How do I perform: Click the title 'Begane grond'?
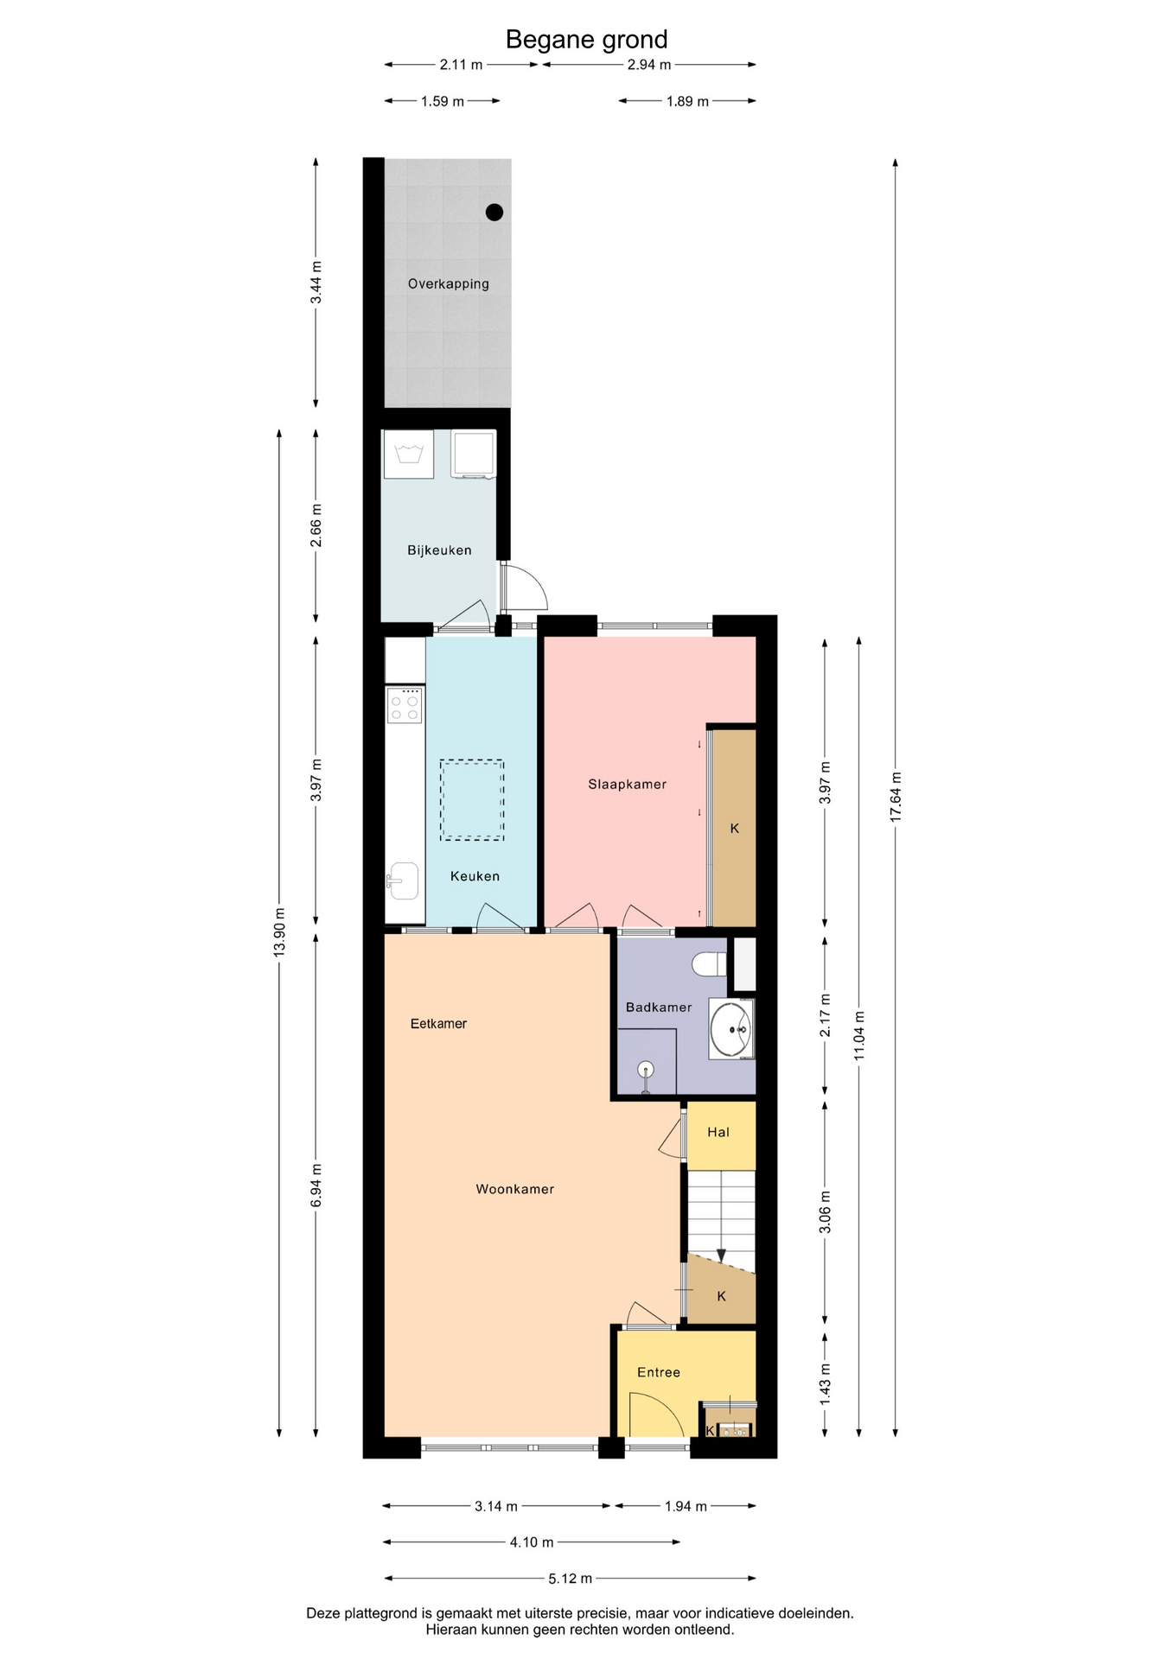(586, 40)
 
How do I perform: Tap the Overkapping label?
(449, 283)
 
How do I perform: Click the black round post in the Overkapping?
(494, 212)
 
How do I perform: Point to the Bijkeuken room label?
(439, 550)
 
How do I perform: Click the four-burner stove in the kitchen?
(405, 705)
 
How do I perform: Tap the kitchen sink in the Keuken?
(404, 880)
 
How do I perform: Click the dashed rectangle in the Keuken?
(471, 799)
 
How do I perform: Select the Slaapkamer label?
(627, 785)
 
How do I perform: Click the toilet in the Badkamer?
(710, 963)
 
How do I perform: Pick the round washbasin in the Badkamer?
(732, 1029)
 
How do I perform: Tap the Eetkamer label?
(438, 1024)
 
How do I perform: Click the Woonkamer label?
(515, 1189)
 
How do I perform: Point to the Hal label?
(718, 1132)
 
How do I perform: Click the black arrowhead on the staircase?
(721, 1255)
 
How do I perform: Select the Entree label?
(659, 1372)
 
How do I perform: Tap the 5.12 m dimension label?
(570, 1579)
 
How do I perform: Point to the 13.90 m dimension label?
(279, 932)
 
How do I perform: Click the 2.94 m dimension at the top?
(649, 65)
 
